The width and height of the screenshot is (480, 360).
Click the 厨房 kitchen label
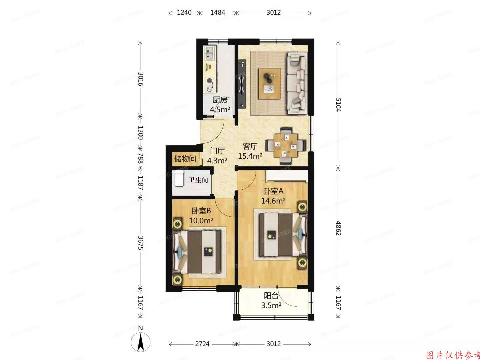pos(220,100)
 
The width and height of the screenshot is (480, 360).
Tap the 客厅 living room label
pos(250,146)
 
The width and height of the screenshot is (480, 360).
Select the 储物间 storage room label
pos(185,159)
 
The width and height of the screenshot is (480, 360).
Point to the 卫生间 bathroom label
pos(198,180)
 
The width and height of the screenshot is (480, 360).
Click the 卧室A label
pos(273,191)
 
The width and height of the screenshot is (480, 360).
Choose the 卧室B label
pos(201,211)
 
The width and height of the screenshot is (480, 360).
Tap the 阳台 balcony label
pos(271,296)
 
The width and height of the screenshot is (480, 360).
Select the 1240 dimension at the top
pos(184,13)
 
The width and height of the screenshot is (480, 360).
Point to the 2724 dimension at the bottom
pos(202,344)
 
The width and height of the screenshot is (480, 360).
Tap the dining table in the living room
pos(286,146)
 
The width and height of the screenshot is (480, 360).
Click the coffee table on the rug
pos(269,83)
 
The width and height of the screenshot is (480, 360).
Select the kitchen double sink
pos(210,51)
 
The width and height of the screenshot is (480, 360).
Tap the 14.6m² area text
pos(273,201)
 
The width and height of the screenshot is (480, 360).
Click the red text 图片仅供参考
pos(453,355)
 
